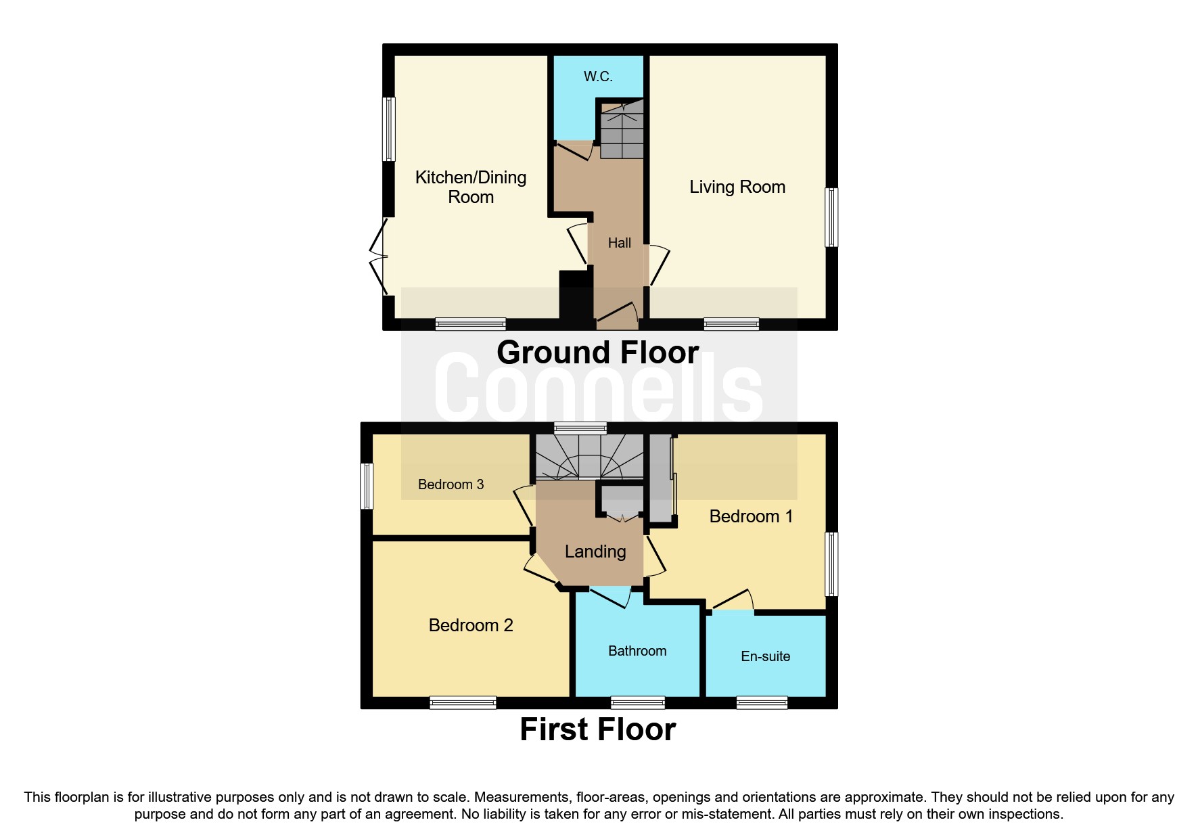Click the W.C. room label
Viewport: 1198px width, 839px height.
(x=598, y=76)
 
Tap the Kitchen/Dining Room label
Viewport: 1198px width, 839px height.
(x=471, y=187)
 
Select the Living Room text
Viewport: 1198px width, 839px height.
(x=737, y=187)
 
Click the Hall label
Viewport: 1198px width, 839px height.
(x=619, y=243)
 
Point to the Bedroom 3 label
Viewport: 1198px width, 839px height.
(x=451, y=484)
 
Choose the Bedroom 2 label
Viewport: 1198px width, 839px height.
(x=471, y=625)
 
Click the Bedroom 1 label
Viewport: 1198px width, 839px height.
(x=751, y=516)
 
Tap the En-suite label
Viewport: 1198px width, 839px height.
(x=765, y=656)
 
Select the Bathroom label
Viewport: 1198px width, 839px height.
(x=637, y=651)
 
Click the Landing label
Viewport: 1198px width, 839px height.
(x=595, y=551)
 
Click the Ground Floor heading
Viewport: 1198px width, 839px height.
(x=598, y=353)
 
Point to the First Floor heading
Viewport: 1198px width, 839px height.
(x=598, y=729)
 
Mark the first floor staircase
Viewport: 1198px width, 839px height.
(x=589, y=457)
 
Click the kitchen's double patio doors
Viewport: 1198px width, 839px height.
(x=378, y=256)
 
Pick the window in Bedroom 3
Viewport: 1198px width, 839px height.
(x=367, y=485)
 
